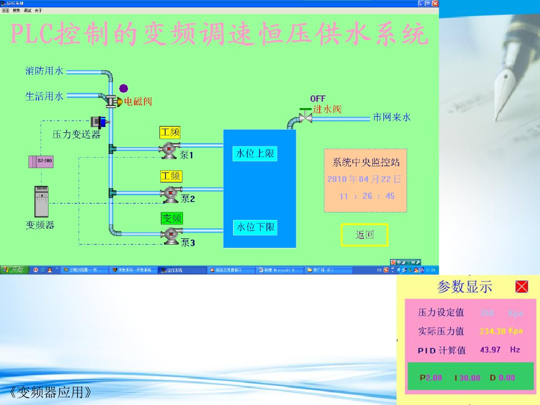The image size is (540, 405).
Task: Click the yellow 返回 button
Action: [x=364, y=235]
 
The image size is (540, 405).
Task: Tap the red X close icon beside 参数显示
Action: [x=522, y=287]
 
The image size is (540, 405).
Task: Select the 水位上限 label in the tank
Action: [x=255, y=154]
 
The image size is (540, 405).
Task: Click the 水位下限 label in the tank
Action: [x=255, y=228]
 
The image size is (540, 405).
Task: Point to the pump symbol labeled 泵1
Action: [x=170, y=149]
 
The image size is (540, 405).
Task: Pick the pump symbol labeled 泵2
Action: [x=170, y=194]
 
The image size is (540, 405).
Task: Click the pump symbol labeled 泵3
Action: [x=170, y=235]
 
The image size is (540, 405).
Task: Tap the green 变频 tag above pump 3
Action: [x=171, y=218]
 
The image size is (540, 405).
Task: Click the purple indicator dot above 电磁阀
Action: [x=123, y=88]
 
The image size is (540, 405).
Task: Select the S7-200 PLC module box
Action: [x=41, y=161]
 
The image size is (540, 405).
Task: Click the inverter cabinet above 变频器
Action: [x=42, y=201]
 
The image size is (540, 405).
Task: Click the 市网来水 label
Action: [x=391, y=118]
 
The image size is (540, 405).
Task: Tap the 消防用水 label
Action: [x=44, y=71]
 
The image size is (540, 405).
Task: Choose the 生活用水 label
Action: [x=44, y=96]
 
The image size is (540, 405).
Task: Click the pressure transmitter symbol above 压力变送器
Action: [x=99, y=122]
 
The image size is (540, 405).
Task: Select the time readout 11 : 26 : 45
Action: [x=367, y=196]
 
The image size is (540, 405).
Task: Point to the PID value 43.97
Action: [x=490, y=350]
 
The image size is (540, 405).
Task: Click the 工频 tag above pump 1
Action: [x=170, y=133]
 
